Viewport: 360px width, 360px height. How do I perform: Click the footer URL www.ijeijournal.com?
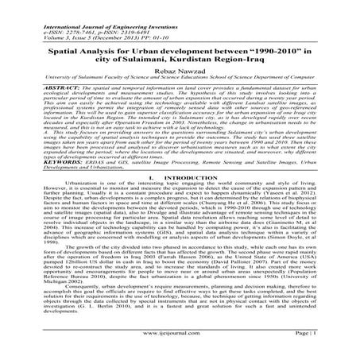tap(179, 345)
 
